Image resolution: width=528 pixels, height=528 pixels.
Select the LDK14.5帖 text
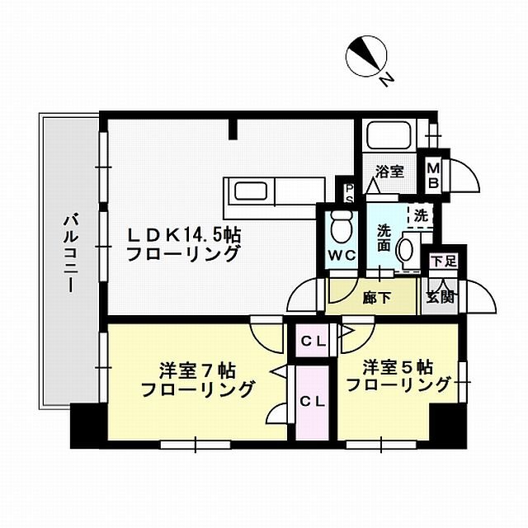pos(183,234)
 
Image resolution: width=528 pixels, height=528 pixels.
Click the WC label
pos(342,255)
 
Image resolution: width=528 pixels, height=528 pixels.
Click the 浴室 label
pos(390,171)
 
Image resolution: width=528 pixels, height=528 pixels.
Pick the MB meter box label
pos(433,174)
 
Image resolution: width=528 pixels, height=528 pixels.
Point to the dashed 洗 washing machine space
pos(421,216)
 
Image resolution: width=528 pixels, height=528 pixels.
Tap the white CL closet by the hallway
pos(313,340)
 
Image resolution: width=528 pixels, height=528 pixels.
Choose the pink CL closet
pos(313,402)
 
